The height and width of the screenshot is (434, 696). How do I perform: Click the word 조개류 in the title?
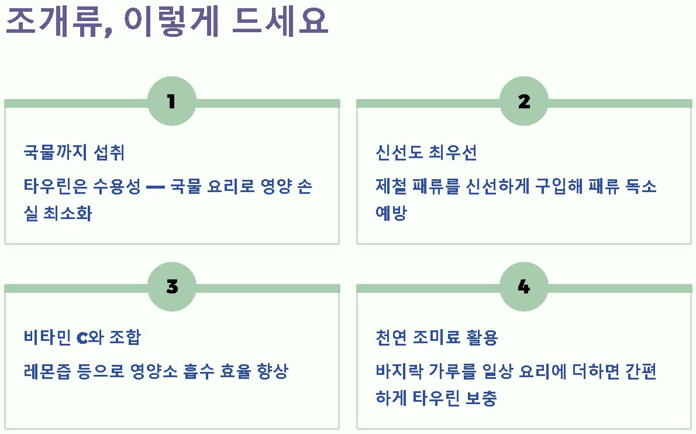pyautogui.click(x=53, y=22)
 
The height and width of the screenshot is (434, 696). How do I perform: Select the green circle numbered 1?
pyautogui.click(x=171, y=101)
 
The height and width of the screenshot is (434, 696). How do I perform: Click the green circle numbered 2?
pyautogui.click(x=523, y=101)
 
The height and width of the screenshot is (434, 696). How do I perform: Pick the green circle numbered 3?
pyautogui.click(x=171, y=286)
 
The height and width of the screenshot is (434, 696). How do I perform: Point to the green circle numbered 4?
pyautogui.click(x=523, y=286)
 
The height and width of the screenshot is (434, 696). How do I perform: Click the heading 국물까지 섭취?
pyautogui.click(x=74, y=153)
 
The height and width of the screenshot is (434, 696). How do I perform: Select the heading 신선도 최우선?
pyautogui.click(x=426, y=153)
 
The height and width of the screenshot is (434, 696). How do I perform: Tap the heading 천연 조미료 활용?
pyautogui.click(x=436, y=338)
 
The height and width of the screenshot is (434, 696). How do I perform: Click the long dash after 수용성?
pyautogui.click(x=155, y=187)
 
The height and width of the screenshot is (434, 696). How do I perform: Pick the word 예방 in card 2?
pyautogui.click(x=391, y=213)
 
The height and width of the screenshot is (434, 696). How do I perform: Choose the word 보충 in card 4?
pyautogui.click(x=481, y=398)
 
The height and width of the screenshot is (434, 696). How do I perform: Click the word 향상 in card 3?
pyautogui.click(x=273, y=372)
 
